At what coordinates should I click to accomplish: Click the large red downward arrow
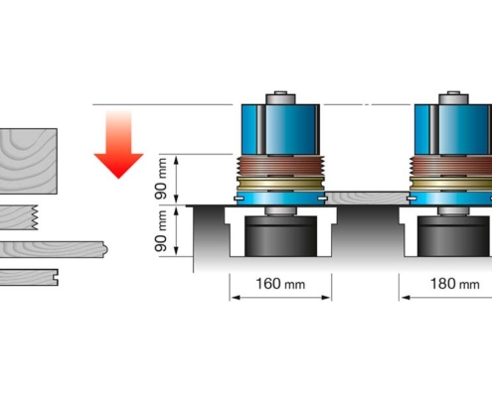pyautogui.click(x=118, y=145)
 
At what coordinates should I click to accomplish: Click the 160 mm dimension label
pyautogui.click(x=280, y=284)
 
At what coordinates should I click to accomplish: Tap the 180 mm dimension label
pyautogui.click(x=454, y=284)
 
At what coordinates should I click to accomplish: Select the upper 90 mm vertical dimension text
pyautogui.click(x=161, y=179)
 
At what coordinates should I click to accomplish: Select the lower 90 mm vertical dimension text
pyautogui.click(x=161, y=231)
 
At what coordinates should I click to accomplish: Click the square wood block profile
pyautogui.click(x=29, y=161)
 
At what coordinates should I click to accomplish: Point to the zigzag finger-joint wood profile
pyautogui.click(x=19, y=217)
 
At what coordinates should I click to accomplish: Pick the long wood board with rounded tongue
pyautogui.click(x=53, y=249)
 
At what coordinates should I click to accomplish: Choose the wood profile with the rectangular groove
pyautogui.click(x=29, y=277)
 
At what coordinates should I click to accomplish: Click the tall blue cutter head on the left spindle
pyautogui.click(x=280, y=130)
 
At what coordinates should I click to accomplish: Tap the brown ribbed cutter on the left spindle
pyautogui.click(x=280, y=166)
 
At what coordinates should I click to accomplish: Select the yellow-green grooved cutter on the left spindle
pyautogui.click(x=280, y=184)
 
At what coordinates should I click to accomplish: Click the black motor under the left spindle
pyautogui.click(x=280, y=236)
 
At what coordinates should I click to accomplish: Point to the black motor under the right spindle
pyautogui.click(x=454, y=236)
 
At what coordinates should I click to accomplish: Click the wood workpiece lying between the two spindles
pyautogui.click(x=367, y=198)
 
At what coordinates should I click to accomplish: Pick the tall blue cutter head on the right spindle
pyautogui.click(x=453, y=130)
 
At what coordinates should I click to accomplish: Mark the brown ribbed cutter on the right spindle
pyautogui.click(x=451, y=166)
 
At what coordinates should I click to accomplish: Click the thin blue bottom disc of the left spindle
pyautogui.click(x=280, y=198)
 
